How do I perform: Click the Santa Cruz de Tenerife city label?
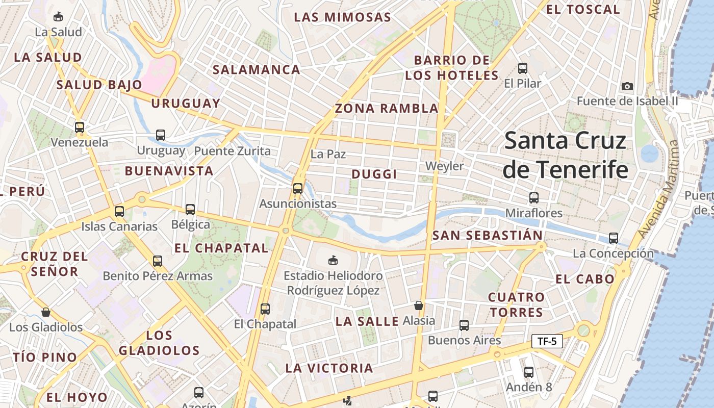click(565, 155)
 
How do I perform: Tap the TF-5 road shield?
click(547, 341)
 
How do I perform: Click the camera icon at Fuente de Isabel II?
click(627, 86)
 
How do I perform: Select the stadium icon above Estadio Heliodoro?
click(333, 261)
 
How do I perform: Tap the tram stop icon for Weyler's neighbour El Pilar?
click(522, 68)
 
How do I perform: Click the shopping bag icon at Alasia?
click(419, 305)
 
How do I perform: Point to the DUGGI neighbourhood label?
click(374, 174)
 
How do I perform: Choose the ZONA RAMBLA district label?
click(387, 108)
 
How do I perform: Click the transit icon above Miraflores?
click(533, 198)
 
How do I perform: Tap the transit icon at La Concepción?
click(613, 238)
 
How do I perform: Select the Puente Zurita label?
click(233, 151)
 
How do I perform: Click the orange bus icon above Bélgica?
click(190, 209)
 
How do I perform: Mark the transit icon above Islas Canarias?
click(119, 211)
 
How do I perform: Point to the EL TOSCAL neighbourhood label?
click(583, 9)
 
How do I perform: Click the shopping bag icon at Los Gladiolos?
click(46, 312)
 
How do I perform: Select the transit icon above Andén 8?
click(529, 372)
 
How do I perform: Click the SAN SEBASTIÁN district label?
click(487, 236)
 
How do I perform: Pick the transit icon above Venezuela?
click(79, 127)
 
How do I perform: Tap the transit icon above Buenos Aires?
click(464, 325)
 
